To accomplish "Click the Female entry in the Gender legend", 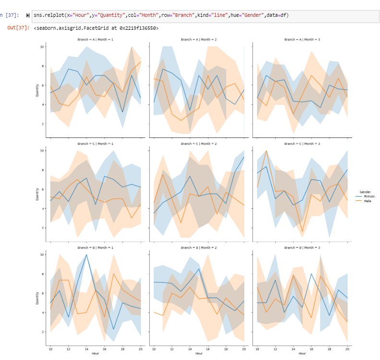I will click(x=369, y=197).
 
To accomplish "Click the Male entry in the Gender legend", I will click(x=368, y=201).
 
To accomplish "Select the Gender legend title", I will click(x=365, y=192).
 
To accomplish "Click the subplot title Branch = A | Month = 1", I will click(x=96, y=39).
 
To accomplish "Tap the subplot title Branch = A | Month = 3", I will click(x=302, y=39).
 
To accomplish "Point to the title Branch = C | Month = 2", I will click(x=198, y=143).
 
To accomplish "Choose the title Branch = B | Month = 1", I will click(x=96, y=247).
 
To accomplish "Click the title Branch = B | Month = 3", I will click(x=302, y=247).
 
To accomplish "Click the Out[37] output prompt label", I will click(x=18, y=28).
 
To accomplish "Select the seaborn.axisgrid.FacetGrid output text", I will click(x=96, y=28).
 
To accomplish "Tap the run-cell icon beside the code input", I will click(x=27, y=15).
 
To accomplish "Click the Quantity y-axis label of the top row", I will click(x=37, y=90).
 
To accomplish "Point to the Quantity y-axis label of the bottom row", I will click(x=37, y=298).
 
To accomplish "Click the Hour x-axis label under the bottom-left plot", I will click(x=96, y=354).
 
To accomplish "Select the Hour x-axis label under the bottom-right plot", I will click(x=302, y=354).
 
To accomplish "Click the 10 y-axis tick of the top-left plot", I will click(x=42, y=47).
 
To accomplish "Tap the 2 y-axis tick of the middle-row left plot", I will click(x=43, y=228).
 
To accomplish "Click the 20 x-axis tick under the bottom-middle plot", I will click(x=244, y=348).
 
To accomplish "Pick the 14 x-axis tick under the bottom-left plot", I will click(x=86, y=348).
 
